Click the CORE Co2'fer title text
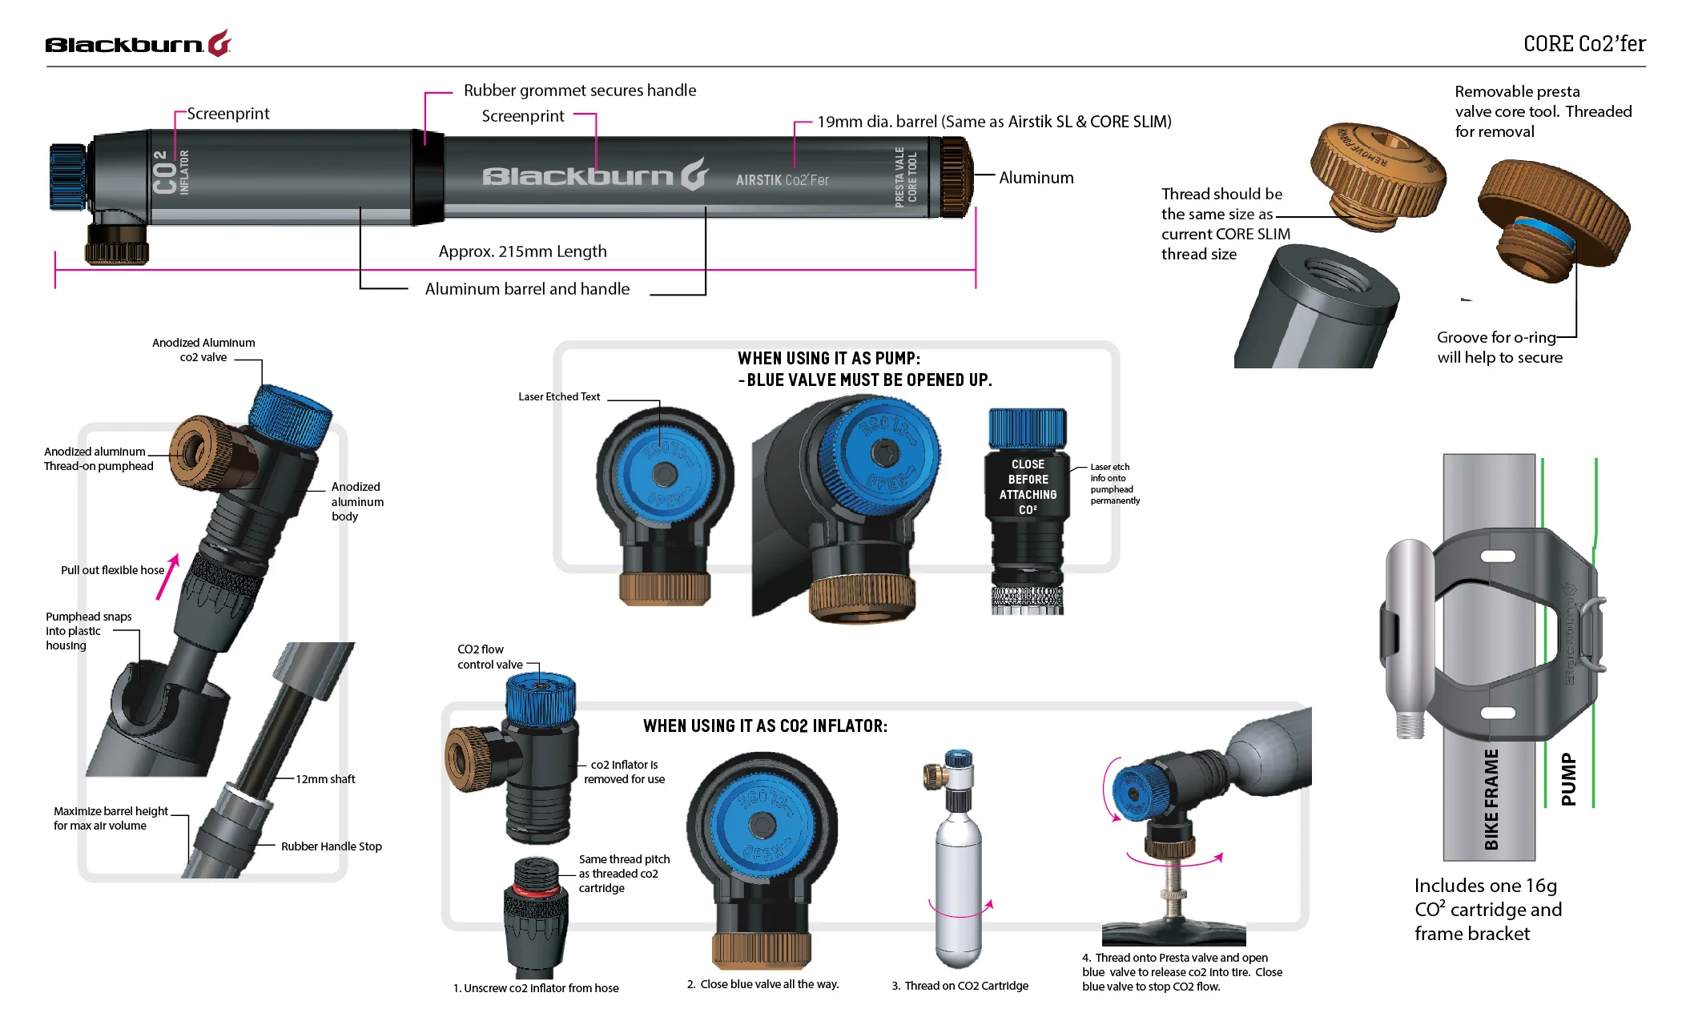pos(1583,43)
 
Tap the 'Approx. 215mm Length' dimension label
pos(522,251)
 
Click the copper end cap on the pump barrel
pos(956,177)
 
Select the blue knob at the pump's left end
pos(67,177)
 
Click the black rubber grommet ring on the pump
pos(428,176)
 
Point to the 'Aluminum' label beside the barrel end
pos(1036,178)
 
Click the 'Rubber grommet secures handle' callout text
pos(579,90)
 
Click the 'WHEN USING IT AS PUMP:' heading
pos(828,358)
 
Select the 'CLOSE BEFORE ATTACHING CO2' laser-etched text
pos(1028,486)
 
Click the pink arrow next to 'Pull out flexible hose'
pos(167,576)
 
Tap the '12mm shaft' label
pos(325,779)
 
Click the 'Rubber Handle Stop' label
pos(331,846)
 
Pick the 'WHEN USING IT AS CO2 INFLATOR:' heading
pos(765,726)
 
